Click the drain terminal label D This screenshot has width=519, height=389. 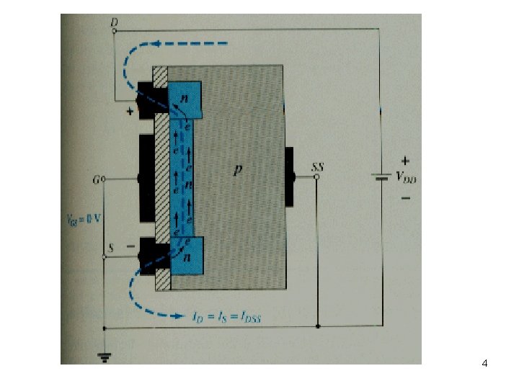114,22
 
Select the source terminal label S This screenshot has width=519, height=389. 110,247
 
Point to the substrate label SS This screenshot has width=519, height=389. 317,167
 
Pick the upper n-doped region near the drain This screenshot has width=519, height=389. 185,95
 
